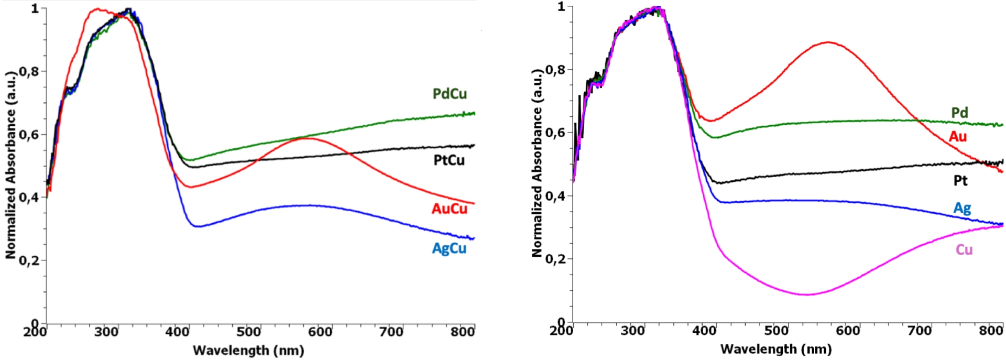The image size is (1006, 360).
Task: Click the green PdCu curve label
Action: point(449,94)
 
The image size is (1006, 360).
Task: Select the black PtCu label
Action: point(449,160)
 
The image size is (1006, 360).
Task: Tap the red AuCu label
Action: point(449,209)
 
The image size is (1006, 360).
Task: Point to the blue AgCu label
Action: point(449,248)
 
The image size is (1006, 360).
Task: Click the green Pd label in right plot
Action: point(959,113)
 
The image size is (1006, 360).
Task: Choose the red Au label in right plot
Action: point(958,137)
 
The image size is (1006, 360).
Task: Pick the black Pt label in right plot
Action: point(960,181)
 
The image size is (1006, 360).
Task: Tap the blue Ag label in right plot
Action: point(962,208)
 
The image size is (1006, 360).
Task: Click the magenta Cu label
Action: point(964,249)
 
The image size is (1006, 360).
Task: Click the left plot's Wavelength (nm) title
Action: point(248,350)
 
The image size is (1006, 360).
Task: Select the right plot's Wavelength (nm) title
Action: point(775,349)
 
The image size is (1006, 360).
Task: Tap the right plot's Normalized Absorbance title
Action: point(537,162)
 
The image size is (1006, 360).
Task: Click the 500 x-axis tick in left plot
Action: point(248,332)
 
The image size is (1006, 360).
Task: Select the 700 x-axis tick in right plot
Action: point(920,331)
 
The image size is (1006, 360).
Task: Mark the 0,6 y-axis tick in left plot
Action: point(29,135)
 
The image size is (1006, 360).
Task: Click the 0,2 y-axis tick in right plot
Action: point(555,259)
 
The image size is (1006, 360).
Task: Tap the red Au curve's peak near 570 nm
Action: point(828,42)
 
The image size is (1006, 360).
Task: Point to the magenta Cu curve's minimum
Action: point(807,294)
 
